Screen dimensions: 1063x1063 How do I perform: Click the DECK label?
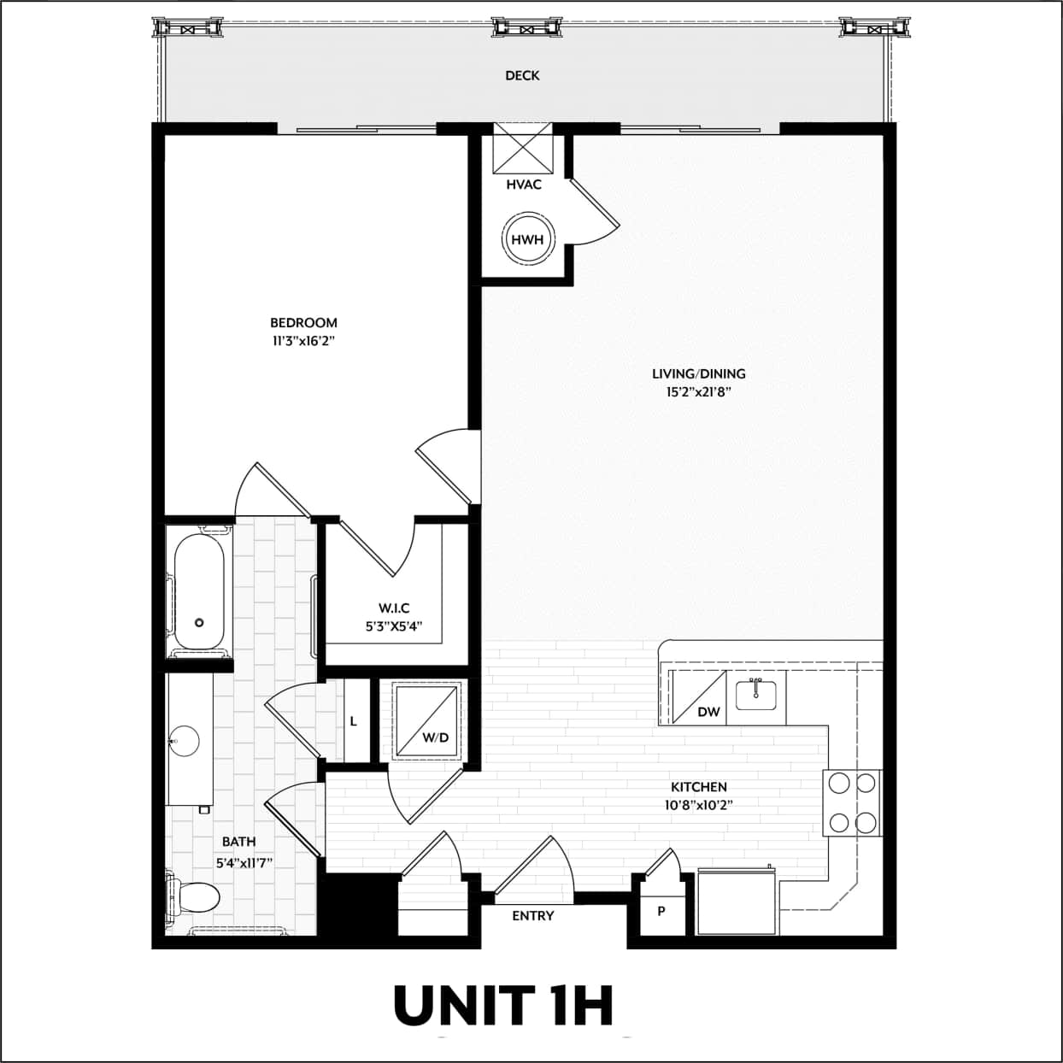(x=522, y=75)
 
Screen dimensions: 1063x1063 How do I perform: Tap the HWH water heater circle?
(x=527, y=240)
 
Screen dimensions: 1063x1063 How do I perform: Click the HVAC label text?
(x=524, y=185)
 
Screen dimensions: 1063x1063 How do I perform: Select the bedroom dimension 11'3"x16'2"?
(x=303, y=341)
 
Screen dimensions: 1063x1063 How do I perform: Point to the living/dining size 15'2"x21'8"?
(x=698, y=392)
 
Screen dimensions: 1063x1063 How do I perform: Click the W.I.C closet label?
(x=394, y=608)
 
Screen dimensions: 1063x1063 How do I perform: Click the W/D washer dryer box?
(x=428, y=720)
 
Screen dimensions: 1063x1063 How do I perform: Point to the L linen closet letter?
(x=353, y=721)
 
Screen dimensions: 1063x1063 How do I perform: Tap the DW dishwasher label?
(x=708, y=711)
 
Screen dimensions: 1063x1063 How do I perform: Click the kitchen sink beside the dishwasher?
(x=755, y=695)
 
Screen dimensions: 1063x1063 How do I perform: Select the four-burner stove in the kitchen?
(x=852, y=802)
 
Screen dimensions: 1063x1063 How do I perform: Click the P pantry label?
(x=661, y=912)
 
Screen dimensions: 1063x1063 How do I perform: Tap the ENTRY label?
(x=533, y=915)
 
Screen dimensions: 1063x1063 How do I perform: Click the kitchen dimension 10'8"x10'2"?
(x=698, y=804)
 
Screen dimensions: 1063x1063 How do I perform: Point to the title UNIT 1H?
(x=503, y=1005)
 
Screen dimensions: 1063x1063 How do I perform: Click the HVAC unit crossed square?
(x=524, y=149)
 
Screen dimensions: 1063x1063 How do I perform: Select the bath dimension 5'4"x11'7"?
(x=244, y=863)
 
